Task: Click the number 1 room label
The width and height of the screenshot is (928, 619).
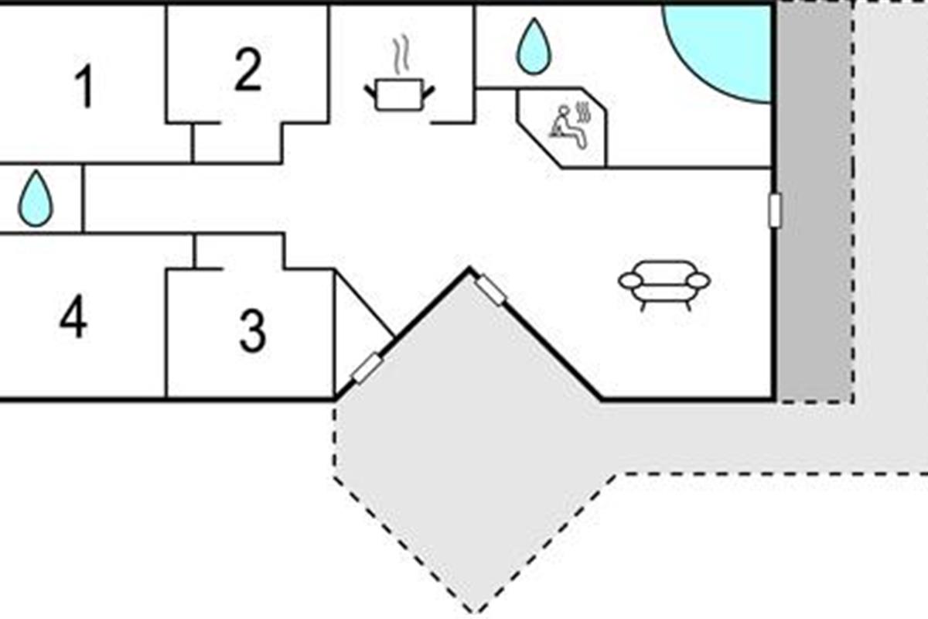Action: click(84, 86)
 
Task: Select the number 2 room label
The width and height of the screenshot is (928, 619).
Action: click(248, 69)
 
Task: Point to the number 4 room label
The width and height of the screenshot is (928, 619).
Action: click(73, 316)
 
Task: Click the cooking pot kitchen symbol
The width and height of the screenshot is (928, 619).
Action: click(400, 94)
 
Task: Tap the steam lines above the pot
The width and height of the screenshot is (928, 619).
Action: click(401, 54)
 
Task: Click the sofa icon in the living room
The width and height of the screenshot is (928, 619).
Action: click(664, 286)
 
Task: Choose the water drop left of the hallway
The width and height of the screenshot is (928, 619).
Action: click(36, 198)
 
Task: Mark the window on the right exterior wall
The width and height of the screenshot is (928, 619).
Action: click(774, 210)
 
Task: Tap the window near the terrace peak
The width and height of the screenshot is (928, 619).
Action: click(490, 290)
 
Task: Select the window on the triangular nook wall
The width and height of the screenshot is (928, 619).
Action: click(367, 368)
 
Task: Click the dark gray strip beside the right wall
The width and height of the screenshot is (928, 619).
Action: click(814, 201)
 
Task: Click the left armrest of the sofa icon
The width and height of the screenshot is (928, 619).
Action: click(629, 281)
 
